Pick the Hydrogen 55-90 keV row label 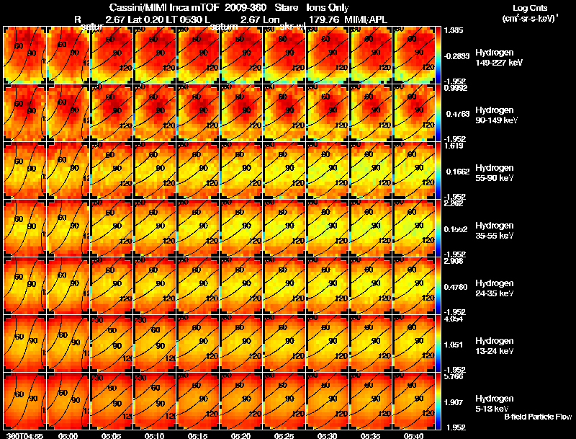click(495, 172)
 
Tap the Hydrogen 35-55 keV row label click(495, 230)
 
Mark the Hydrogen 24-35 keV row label click(495, 288)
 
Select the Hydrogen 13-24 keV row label click(495, 345)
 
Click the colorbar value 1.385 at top click(455, 31)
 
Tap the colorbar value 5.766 click(455, 376)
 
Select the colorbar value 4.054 click(455, 318)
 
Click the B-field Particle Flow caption click(538, 417)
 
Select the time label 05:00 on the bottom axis click(68, 435)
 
